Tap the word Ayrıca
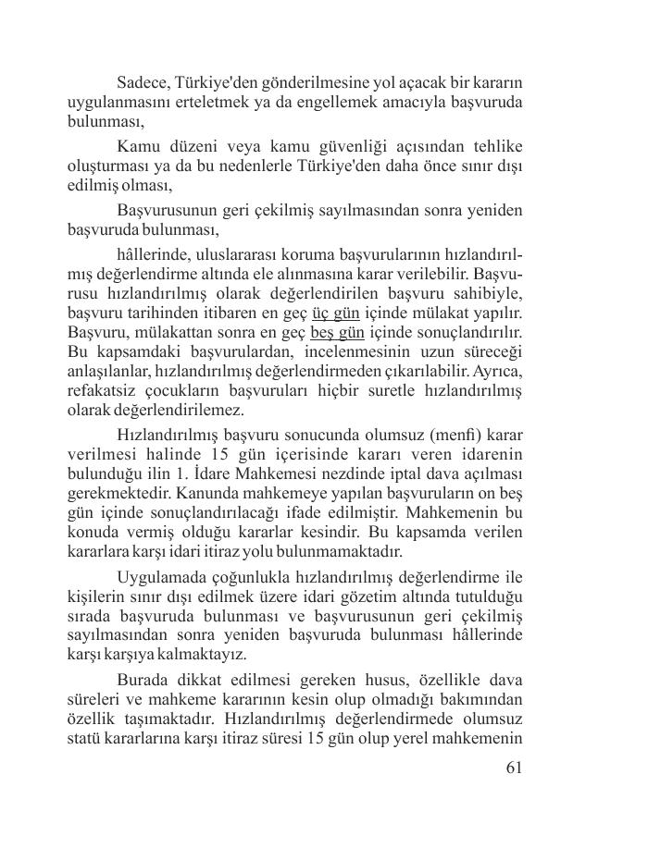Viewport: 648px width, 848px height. point(496,371)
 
